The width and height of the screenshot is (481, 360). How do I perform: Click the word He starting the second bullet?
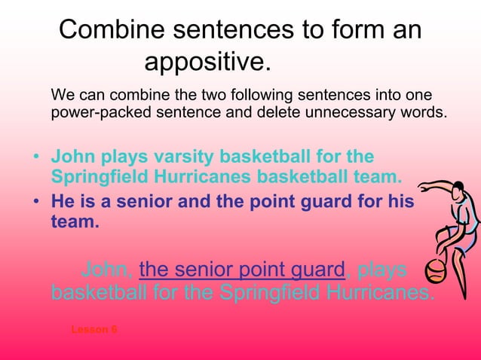[62, 203]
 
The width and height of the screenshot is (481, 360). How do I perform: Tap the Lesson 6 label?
[93, 330]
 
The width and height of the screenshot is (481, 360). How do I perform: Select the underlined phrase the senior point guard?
[242, 269]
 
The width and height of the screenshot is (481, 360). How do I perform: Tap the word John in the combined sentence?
[108, 269]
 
